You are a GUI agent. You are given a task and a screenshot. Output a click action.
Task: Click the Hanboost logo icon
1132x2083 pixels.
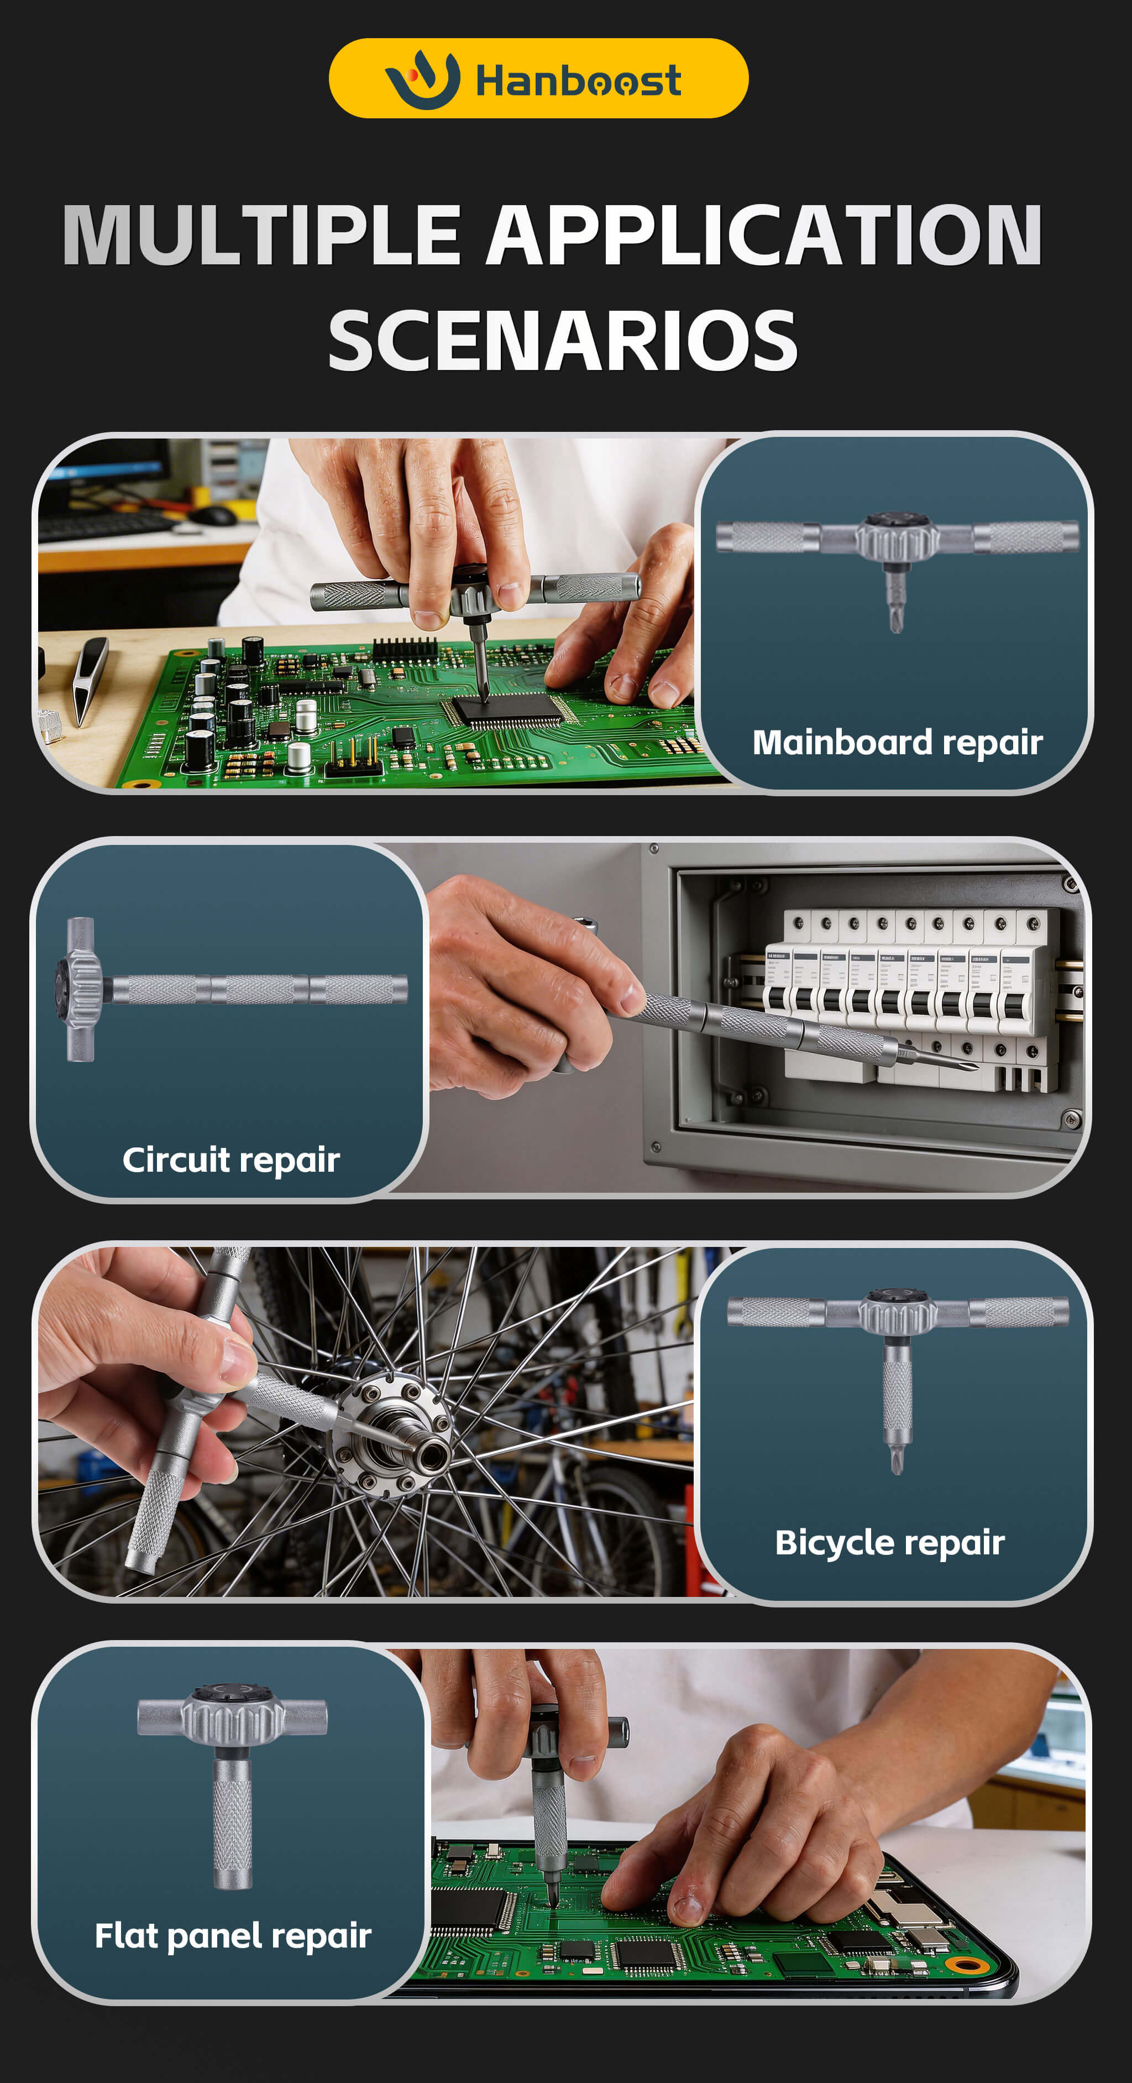pyautogui.click(x=422, y=79)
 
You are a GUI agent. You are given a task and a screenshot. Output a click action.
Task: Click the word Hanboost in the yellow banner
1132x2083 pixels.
pyautogui.click(x=578, y=81)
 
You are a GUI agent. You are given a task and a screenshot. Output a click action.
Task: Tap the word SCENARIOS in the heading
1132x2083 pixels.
pyautogui.click(x=563, y=341)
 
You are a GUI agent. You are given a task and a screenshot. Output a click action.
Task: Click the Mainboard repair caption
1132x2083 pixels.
pyautogui.click(x=898, y=742)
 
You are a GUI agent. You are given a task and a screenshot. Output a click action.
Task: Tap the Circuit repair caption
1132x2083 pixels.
pyautogui.click(x=231, y=1160)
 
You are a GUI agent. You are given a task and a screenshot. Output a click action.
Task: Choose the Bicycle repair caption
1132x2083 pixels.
pyautogui.click(x=890, y=1542)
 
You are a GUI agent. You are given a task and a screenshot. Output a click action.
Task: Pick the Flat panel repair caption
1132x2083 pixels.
pyautogui.click(x=233, y=1936)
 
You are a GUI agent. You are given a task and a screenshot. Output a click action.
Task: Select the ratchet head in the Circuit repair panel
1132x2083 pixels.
pyautogui.click(x=78, y=989)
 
